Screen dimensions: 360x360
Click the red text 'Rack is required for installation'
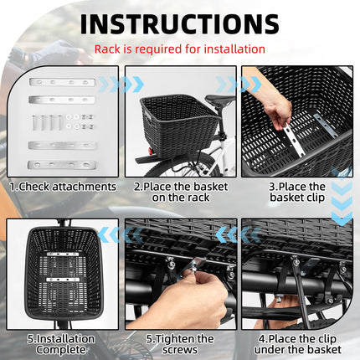(179, 49)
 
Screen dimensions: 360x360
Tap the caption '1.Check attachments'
(62, 186)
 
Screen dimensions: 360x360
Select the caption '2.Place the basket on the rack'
(179, 192)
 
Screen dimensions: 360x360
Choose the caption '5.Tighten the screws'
(179, 344)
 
